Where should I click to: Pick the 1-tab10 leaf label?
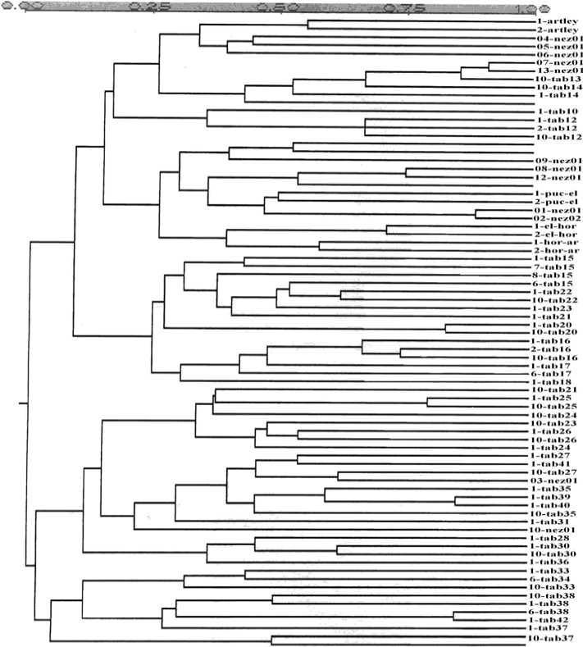click(x=558, y=111)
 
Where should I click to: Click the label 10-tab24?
click(x=555, y=415)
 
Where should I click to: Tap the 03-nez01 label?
click(x=555, y=481)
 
